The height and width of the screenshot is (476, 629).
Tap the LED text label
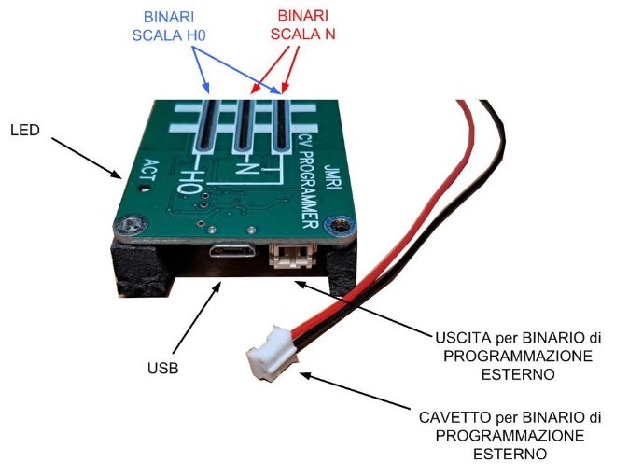[24, 130]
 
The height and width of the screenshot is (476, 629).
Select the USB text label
[161, 369]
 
